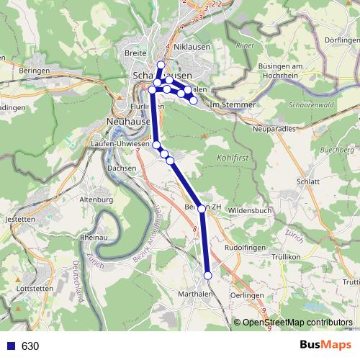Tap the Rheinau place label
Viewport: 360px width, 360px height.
click(x=94, y=236)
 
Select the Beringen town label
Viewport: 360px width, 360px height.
click(x=35, y=71)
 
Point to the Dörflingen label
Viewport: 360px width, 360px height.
click(x=341, y=41)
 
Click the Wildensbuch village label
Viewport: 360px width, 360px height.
click(x=249, y=210)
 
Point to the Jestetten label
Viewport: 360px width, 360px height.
click(x=19, y=218)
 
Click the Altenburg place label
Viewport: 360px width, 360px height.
click(x=96, y=199)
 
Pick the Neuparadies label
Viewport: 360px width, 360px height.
click(x=274, y=129)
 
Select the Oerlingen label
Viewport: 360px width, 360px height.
click(x=247, y=296)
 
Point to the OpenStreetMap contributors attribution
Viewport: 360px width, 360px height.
click(x=297, y=322)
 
